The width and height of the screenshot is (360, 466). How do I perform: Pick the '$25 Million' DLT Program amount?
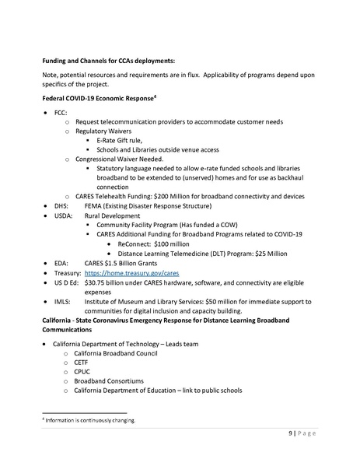(269, 253)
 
